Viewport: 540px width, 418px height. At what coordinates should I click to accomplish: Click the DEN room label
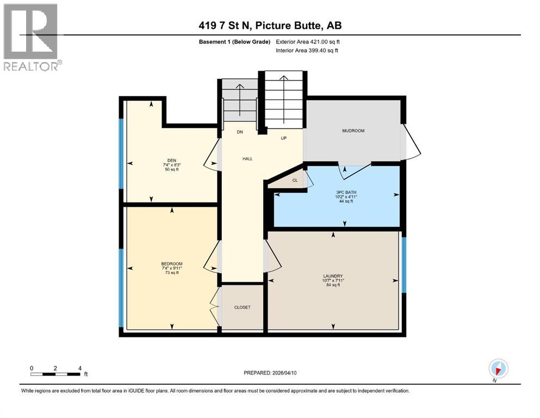[172, 160]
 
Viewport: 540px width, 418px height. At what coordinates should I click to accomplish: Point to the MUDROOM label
[353, 131]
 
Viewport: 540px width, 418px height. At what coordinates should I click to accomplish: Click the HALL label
[247, 159]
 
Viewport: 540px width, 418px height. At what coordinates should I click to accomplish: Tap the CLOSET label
[242, 308]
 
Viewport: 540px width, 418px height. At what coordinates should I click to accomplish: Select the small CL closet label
[295, 180]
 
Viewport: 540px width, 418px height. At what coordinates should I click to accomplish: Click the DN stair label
[239, 132]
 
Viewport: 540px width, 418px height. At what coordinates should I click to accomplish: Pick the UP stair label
[283, 138]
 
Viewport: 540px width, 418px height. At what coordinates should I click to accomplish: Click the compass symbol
[498, 368]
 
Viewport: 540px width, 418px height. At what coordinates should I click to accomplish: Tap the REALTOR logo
[32, 37]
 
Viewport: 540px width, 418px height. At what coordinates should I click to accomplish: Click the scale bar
[55, 373]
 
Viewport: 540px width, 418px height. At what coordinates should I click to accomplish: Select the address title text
[270, 26]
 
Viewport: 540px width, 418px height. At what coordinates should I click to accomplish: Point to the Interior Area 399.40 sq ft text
[307, 51]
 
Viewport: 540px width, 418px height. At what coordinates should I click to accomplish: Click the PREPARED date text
[270, 373]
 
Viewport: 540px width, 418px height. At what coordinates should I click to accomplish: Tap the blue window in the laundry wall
[403, 265]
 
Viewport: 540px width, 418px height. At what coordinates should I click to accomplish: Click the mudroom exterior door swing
[411, 143]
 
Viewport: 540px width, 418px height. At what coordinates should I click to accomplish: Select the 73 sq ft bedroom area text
[172, 273]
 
